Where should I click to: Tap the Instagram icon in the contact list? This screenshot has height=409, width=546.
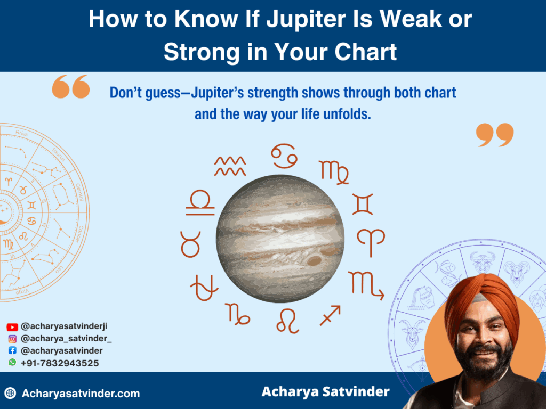click(12, 339)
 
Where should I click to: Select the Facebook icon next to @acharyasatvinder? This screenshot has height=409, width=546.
click(12, 351)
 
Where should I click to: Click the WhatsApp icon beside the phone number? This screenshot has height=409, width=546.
click(12, 363)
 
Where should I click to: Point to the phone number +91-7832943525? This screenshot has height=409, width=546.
click(59, 363)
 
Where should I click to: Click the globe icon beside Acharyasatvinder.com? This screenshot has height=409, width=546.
click(10, 394)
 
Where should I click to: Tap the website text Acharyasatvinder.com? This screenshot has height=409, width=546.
click(81, 394)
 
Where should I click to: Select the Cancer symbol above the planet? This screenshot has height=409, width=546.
click(284, 156)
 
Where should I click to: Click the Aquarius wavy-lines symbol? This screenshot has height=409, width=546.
click(230, 166)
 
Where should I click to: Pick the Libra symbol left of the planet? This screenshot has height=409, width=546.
click(200, 202)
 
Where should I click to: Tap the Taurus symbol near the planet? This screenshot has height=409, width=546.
click(190, 244)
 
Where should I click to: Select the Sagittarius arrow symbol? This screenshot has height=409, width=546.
click(330, 315)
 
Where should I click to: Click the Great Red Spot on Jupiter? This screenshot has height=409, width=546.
click(314, 260)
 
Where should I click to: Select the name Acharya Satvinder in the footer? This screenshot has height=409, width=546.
click(325, 392)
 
